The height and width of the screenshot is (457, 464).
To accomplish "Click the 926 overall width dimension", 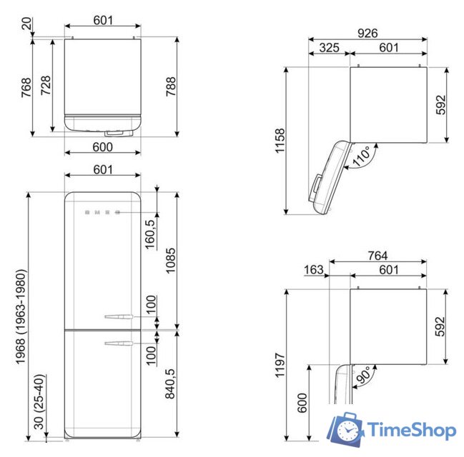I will click(367, 33).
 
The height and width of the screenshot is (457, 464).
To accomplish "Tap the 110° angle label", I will click(361, 154).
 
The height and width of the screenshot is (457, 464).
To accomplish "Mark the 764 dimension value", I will click(377, 256).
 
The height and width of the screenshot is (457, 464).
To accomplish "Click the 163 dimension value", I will click(313, 270).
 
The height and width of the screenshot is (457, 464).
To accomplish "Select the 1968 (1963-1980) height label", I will click(21, 316).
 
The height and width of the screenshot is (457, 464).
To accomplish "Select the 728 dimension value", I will click(46, 86).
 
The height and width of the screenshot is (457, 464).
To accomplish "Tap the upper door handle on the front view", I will click(117, 316).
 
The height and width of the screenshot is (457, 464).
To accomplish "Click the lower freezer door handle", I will click(117, 344).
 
